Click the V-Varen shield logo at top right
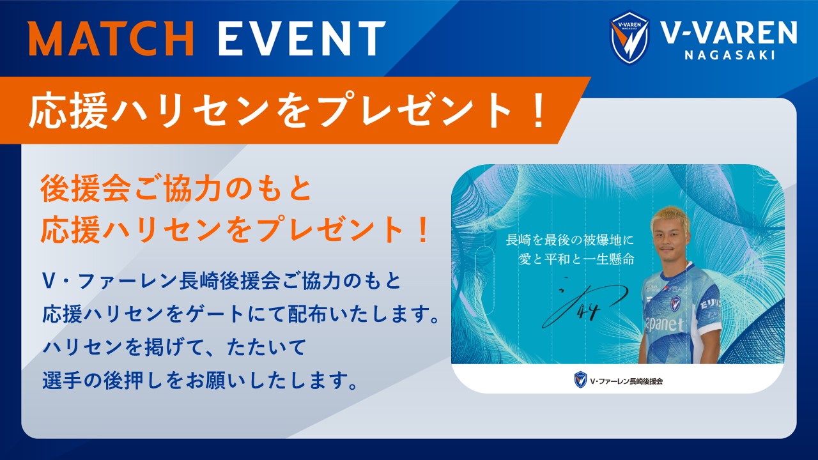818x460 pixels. (629, 38)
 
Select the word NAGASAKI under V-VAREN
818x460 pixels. (730, 55)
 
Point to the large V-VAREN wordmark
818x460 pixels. (729, 32)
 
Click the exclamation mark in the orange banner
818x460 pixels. (538, 110)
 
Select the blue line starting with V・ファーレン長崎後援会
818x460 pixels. (222, 282)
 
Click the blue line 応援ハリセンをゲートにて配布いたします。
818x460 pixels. (241, 314)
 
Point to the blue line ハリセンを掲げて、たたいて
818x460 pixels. (174, 347)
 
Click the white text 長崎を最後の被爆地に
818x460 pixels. (569, 240)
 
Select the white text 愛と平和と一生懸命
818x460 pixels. (576, 259)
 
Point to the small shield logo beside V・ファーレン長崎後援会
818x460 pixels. (580, 379)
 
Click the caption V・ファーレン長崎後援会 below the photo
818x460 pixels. (626, 381)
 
